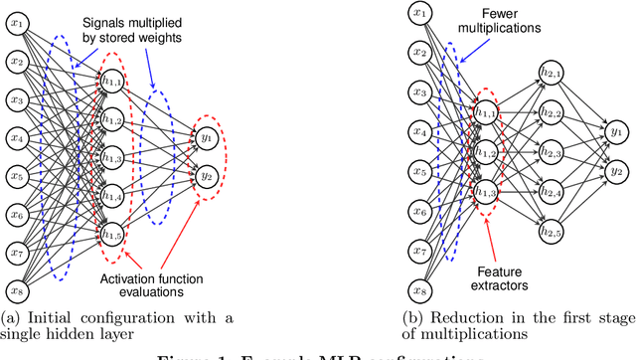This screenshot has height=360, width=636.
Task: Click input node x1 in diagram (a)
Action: tap(17, 25)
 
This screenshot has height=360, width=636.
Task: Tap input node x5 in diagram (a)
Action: tap(17, 176)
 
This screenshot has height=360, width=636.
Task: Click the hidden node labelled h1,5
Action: tap(112, 234)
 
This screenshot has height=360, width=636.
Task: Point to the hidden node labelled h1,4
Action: tap(112, 196)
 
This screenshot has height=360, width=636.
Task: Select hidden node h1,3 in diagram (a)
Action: tap(112, 158)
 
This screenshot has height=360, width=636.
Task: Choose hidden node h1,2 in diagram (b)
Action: tap(486, 152)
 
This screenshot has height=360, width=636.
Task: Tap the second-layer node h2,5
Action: tap(550, 233)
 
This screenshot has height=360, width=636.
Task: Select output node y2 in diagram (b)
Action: tap(616, 168)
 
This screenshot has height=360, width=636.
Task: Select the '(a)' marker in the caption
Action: tap(11, 317)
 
